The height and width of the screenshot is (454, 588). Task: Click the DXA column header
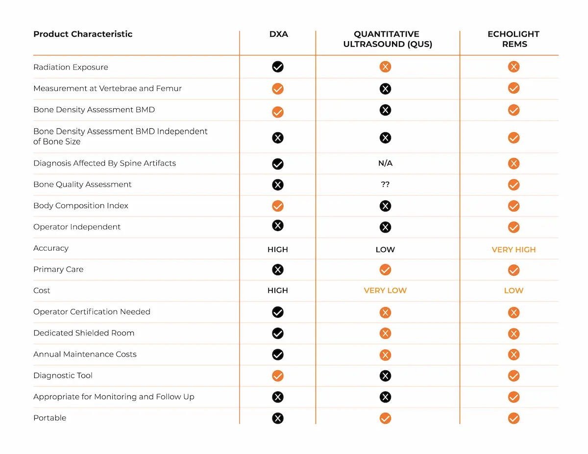(278, 34)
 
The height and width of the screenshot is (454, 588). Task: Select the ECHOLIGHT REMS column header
(514, 39)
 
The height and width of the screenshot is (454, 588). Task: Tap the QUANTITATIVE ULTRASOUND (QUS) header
(387, 39)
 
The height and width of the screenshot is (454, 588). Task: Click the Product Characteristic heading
(83, 34)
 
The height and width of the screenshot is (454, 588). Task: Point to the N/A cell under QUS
(385, 164)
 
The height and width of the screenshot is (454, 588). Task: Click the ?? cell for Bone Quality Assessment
(385, 185)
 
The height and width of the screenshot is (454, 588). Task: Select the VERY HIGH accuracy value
(514, 250)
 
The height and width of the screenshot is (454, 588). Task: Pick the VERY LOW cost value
(385, 291)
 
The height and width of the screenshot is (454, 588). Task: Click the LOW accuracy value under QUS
(385, 250)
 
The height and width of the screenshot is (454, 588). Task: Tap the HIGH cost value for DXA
(278, 291)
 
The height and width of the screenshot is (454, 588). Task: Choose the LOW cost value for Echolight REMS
(514, 291)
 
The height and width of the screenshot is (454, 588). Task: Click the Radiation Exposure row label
(71, 67)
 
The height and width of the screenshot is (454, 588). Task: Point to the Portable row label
(49, 418)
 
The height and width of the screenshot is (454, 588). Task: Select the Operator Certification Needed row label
(92, 312)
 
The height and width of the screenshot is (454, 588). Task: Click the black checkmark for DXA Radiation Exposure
(278, 67)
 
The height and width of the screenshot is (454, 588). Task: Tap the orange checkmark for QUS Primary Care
(385, 270)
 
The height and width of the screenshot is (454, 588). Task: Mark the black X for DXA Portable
(278, 418)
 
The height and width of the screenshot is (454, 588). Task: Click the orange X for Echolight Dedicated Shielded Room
(514, 334)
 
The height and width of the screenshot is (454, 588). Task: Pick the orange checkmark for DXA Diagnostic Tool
(278, 376)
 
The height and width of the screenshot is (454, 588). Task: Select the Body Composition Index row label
(81, 206)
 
